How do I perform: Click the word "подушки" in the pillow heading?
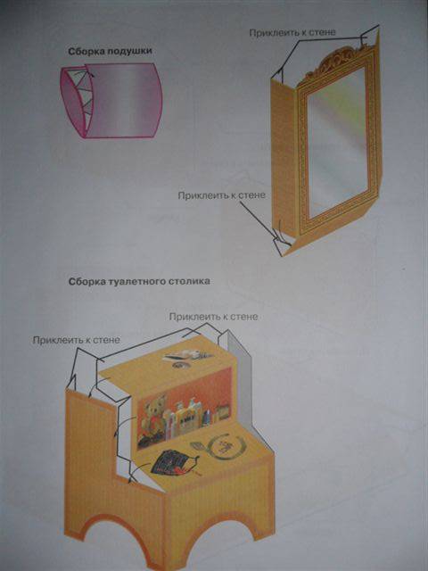click(129, 52)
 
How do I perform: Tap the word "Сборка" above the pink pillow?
click(86, 52)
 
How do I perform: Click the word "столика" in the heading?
click(190, 282)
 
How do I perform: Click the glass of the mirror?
click(337, 142)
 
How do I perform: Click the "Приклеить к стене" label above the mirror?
click(292, 33)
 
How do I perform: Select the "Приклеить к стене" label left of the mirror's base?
click(221, 195)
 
